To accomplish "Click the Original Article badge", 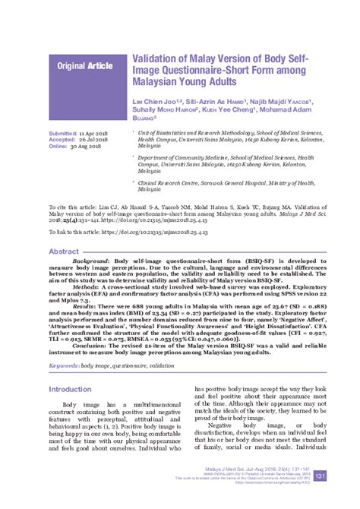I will [84, 66].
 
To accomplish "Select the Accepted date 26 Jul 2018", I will [95, 139].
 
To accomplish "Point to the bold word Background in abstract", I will [89, 260].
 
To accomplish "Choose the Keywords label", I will [63, 366].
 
